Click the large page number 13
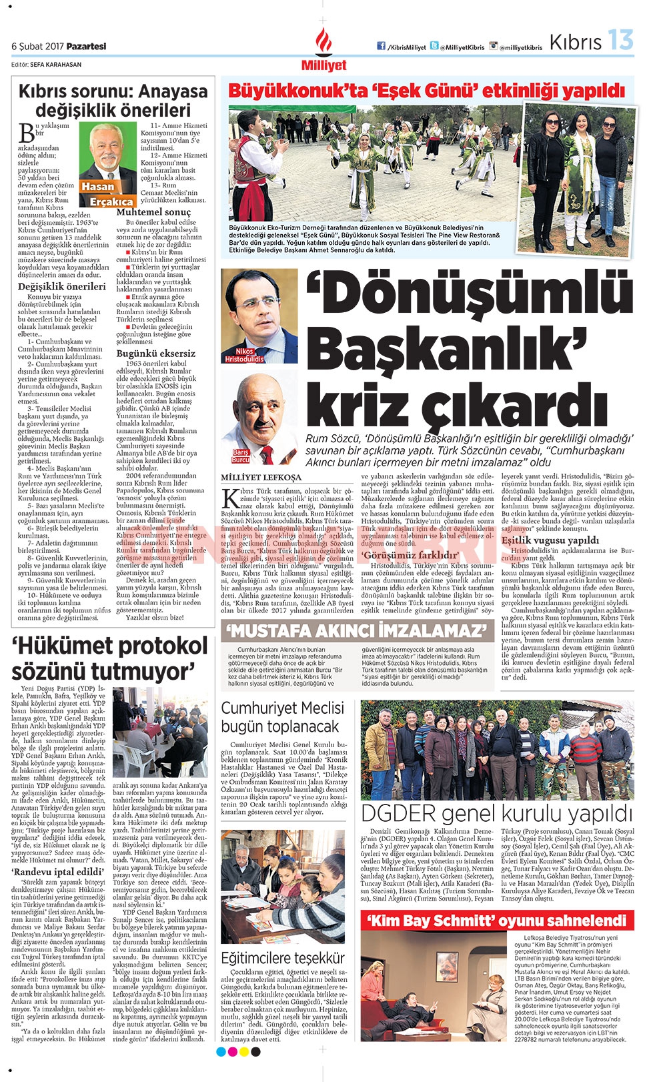coord(620,41)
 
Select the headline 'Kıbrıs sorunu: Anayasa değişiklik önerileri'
coord(113,100)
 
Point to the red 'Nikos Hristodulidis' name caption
coord(244,355)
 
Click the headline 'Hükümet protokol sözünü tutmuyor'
coord(111,658)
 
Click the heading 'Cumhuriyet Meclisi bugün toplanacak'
coord(283,717)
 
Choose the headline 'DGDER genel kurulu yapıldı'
coord(496,813)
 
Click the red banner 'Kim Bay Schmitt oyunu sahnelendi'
coord(497,921)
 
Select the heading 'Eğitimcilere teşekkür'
coord(283,958)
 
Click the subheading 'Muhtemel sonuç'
coord(153,212)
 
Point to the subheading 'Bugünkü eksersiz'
coord(156,354)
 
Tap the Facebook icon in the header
coord(382,46)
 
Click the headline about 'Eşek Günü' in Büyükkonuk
coord(427,91)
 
